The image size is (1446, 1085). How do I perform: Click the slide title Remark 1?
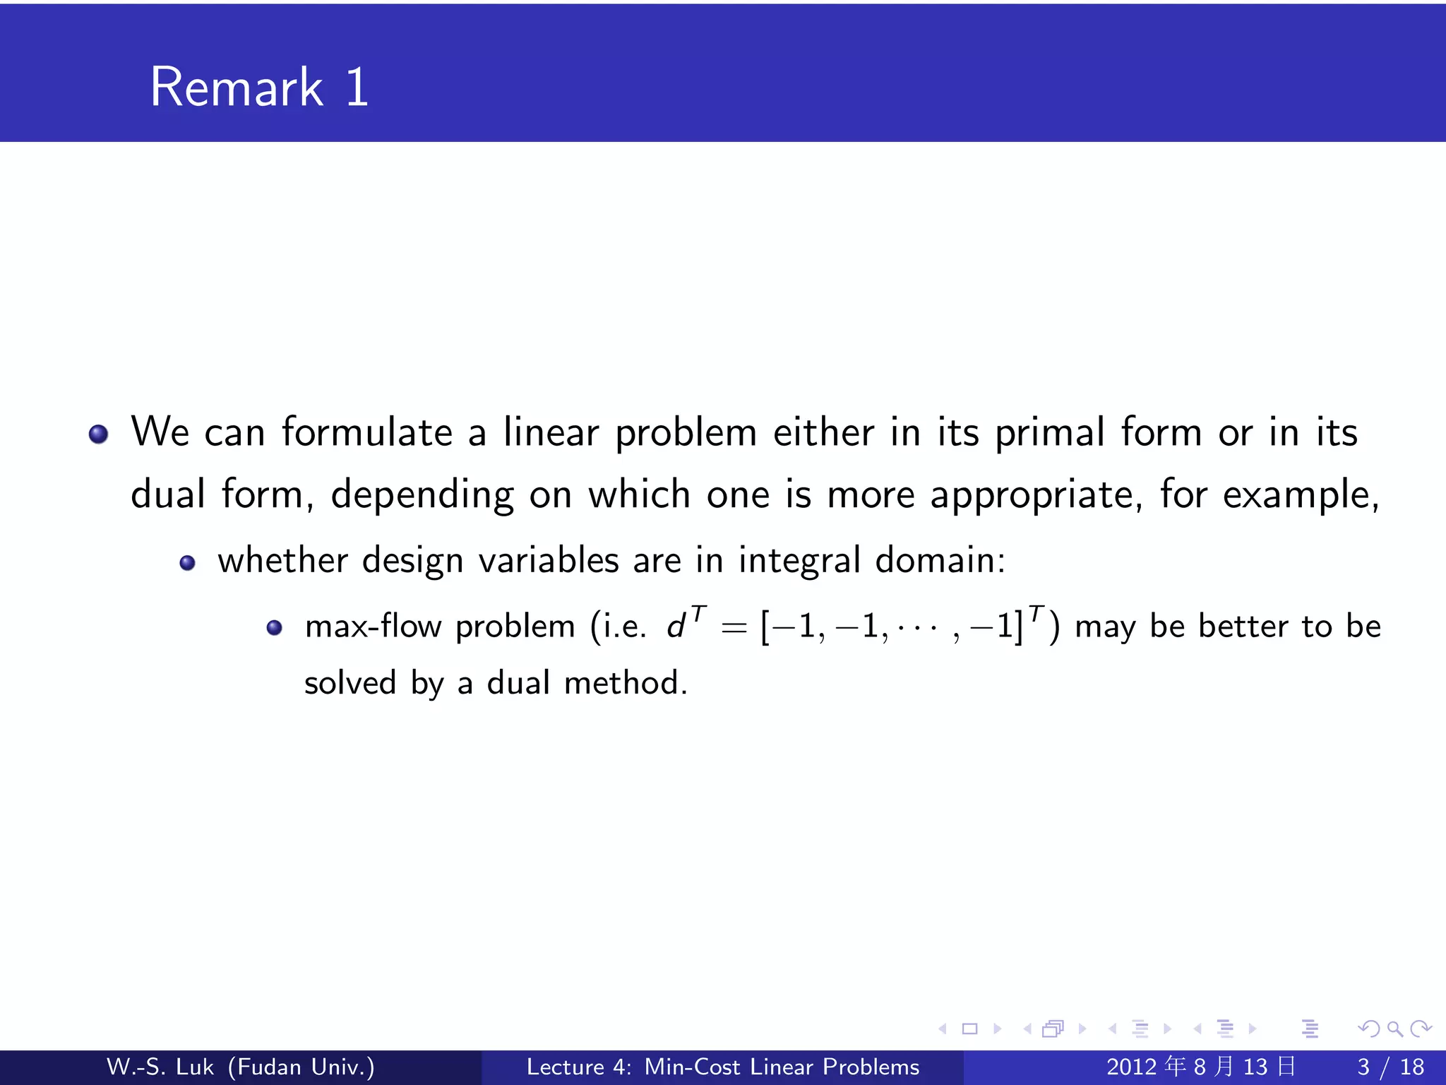(x=259, y=87)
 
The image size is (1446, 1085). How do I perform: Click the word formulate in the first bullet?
(x=366, y=432)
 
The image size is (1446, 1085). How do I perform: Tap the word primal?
(x=1049, y=432)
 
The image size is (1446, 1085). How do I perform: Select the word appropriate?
(x=1036, y=494)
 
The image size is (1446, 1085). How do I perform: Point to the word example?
(x=1300, y=494)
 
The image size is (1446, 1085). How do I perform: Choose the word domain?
(x=940, y=560)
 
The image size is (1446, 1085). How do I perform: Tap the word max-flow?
(x=373, y=627)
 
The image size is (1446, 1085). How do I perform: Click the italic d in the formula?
(x=676, y=627)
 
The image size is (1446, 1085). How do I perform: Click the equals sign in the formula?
(x=734, y=627)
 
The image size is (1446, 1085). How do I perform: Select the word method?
(x=625, y=683)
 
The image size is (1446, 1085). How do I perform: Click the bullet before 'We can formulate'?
(x=99, y=434)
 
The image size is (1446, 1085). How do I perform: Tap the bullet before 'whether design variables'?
(x=187, y=563)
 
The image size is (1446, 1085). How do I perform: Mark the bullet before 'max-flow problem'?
(x=275, y=627)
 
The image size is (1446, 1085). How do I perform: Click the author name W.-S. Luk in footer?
(x=160, y=1067)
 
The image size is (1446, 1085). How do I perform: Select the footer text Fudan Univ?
(x=301, y=1067)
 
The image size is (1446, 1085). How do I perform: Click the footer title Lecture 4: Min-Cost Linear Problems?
(x=723, y=1067)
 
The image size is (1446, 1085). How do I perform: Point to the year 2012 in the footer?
(x=1132, y=1067)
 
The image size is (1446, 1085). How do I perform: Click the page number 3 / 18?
(x=1390, y=1067)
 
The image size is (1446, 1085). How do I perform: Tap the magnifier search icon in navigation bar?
(x=1394, y=1028)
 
